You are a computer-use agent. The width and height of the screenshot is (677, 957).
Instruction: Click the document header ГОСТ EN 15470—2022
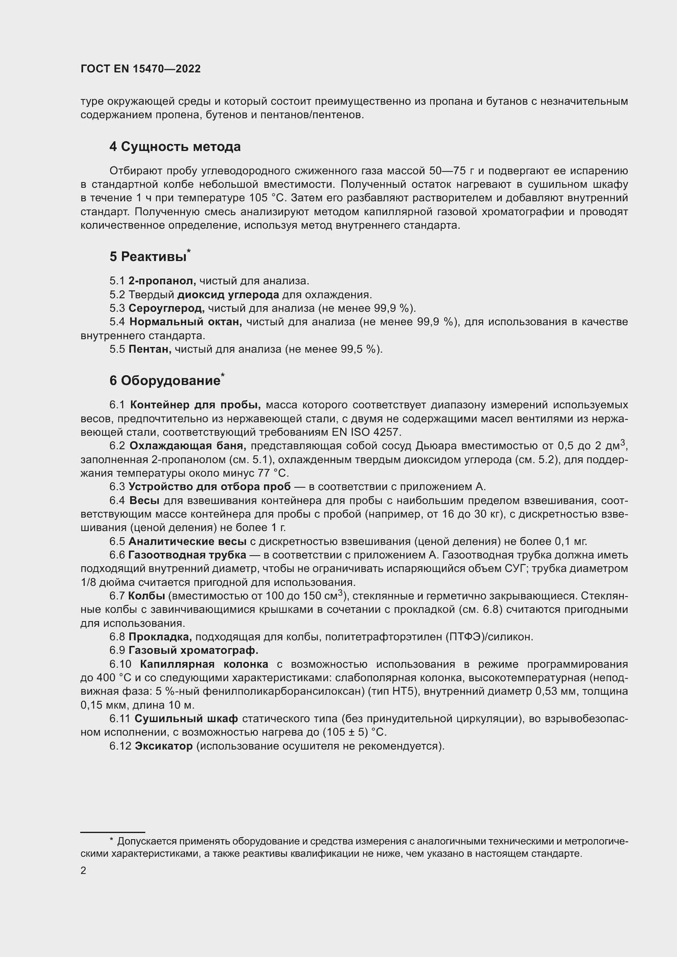140,69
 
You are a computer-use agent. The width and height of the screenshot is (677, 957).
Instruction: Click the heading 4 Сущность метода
175,147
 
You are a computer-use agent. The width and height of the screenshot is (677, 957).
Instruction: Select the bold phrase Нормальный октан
185,322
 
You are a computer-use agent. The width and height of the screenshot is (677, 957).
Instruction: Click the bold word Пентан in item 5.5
150,349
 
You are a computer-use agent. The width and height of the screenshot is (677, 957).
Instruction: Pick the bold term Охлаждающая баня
187,446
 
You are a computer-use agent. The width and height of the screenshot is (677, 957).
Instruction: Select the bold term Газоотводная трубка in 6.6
187,555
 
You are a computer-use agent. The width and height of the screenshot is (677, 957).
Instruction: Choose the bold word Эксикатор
164,746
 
